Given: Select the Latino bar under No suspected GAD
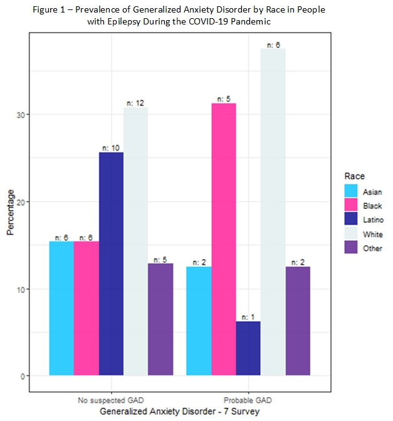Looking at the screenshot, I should pos(111,264).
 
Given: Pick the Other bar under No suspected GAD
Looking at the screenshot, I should pos(160,319).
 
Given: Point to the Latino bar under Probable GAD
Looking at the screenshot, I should pos(248,349).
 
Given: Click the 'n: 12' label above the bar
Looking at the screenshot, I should pos(135,103).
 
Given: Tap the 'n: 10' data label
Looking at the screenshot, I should pos(111,148).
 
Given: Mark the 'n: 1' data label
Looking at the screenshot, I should pos(248,317).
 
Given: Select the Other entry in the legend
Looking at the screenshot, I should pos(372,248).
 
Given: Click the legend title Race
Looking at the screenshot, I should pos(355,176).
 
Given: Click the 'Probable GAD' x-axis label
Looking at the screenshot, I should pos(248,400).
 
